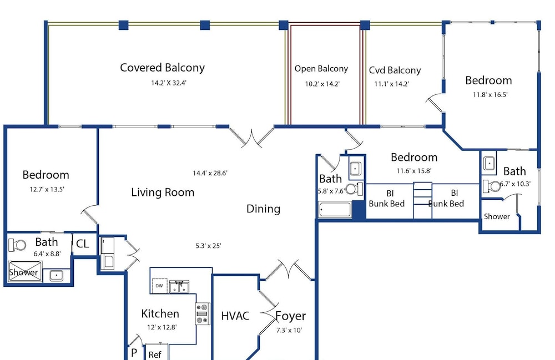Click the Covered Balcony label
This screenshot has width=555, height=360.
click(x=163, y=68)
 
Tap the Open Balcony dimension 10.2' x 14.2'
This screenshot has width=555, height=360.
click(x=322, y=84)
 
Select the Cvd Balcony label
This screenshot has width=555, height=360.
click(x=395, y=70)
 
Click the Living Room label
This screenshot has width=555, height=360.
click(x=163, y=192)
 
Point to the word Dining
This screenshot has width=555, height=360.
click(x=263, y=209)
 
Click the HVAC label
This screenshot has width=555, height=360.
click(x=235, y=316)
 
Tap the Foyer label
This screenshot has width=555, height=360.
click(x=291, y=316)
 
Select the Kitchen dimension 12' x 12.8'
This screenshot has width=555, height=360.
click(x=162, y=327)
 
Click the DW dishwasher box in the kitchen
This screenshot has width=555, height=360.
click(x=160, y=286)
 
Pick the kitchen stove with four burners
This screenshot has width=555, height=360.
click(x=203, y=313)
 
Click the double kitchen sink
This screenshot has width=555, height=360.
click(x=179, y=286)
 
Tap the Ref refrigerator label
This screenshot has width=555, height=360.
click(x=155, y=354)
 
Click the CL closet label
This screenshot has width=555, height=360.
click(x=83, y=244)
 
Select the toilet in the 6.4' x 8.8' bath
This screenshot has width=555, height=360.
click(x=17, y=245)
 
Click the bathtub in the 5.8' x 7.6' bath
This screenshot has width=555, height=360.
click(x=335, y=210)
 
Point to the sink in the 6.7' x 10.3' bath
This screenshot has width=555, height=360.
click(x=489, y=164)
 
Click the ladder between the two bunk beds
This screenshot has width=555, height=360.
click(x=422, y=201)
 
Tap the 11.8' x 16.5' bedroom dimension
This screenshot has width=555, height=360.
click(x=490, y=95)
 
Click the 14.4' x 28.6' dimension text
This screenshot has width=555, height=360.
click(x=210, y=173)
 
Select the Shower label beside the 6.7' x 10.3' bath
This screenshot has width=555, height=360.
click(x=497, y=216)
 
